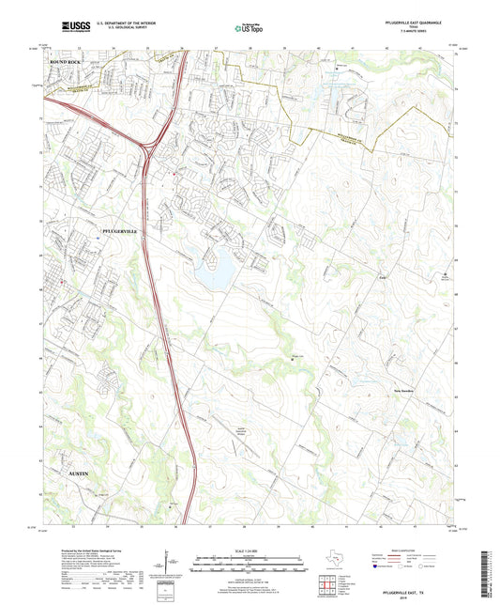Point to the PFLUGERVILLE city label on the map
point(118,229)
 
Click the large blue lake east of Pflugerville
point(215,272)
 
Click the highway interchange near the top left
point(148,147)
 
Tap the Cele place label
point(356,278)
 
